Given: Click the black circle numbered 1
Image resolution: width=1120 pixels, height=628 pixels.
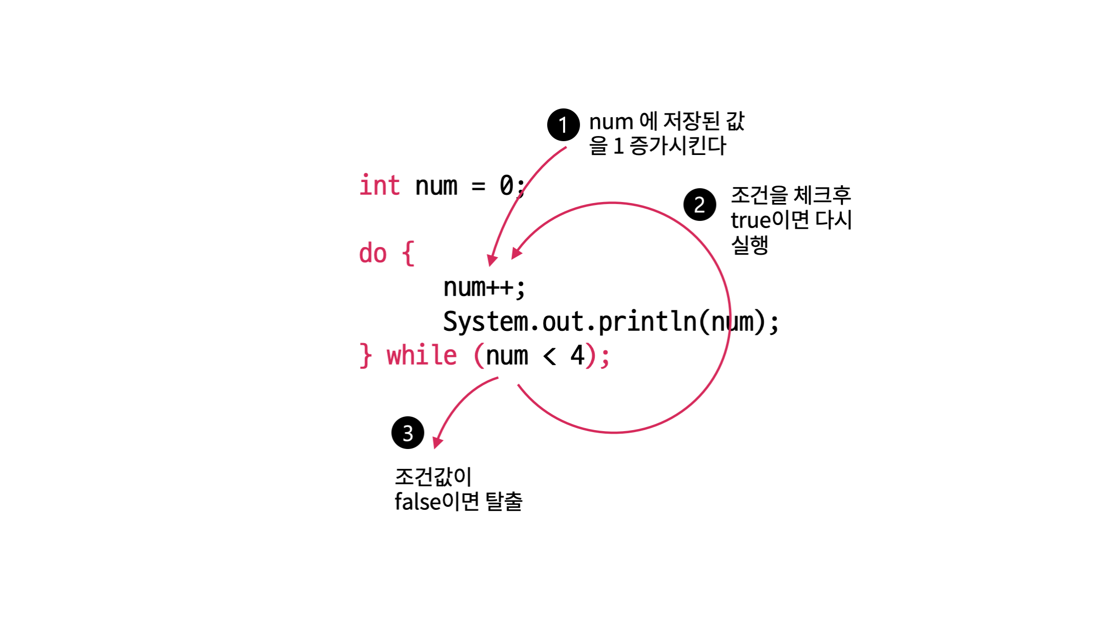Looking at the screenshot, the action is [x=563, y=125].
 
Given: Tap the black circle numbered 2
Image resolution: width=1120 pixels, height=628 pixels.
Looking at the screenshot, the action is [x=700, y=205].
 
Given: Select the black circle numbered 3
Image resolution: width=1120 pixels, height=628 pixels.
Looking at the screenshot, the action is [x=408, y=433].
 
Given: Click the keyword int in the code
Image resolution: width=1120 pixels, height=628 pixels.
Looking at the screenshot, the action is [x=379, y=185].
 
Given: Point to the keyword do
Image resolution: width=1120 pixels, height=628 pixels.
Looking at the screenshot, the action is [x=372, y=254].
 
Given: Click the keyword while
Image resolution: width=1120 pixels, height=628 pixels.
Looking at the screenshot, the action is [x=421, y=355].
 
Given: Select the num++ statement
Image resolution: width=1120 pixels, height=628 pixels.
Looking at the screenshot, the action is [x=483, y=287].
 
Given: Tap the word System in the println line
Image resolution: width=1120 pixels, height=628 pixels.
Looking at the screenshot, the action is [x=485, y=322].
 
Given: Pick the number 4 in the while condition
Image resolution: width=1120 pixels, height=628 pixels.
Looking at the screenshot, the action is [x=577, y=355].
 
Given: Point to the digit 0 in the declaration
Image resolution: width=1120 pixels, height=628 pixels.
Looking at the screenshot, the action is [x=506, y=185].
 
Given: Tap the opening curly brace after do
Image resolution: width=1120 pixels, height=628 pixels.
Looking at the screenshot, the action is [x=408, y=254].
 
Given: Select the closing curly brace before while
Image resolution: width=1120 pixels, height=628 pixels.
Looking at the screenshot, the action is [x=365, y=355].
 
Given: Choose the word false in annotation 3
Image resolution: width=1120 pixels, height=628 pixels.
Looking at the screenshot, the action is [x=417, y=502].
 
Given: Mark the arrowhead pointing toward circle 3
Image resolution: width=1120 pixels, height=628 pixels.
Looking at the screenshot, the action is [x=437, y=443].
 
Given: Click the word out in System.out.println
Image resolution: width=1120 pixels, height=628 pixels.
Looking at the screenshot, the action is [x=563, y=322].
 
